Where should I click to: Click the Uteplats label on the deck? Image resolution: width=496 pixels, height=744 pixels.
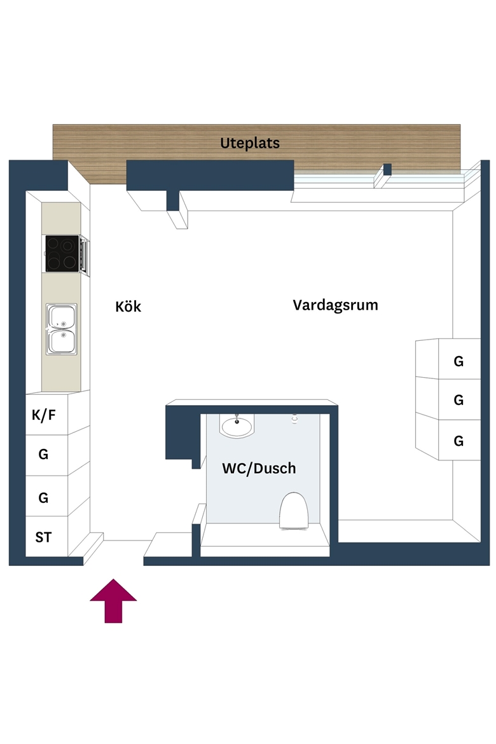(x=250, y=143)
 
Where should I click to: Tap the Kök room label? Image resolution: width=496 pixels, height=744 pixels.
(x=128, y=306)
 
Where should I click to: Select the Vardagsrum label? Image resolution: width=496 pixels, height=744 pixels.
(x=335, y=305)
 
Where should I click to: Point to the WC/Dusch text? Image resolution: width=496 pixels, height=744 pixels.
(x=259, y=468)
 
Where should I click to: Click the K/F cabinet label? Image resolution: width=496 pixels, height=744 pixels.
(x=44, y=415)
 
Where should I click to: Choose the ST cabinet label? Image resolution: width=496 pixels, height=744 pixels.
(x=43, y=537)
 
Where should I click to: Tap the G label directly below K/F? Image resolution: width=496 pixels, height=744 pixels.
(x=43, y=454)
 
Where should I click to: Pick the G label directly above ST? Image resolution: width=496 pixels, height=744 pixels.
(x=43, y=497)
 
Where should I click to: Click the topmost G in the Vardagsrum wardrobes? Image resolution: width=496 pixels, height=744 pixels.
(x=458, y=361)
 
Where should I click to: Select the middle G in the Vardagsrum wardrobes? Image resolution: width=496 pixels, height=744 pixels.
(x=458, y=400)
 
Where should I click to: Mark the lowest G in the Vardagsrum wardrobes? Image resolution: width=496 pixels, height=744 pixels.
(x=458, y=441)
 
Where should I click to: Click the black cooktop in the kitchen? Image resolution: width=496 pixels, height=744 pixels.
(x=62, y=253)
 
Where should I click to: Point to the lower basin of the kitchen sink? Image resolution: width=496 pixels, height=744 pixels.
(x=62, y=341)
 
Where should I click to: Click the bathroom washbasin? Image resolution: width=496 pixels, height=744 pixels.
(x=237, y=425)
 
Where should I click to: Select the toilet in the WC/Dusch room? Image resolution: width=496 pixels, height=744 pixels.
(x=294, y=511)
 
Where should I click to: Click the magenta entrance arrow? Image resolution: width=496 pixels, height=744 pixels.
(x=113, y=601)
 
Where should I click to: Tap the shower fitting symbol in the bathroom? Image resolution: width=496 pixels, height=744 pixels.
(x=295, y=418)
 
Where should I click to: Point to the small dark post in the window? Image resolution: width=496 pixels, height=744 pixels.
(x=387, y=169)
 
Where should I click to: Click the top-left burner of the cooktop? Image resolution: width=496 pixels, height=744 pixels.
(x=53, y=244)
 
